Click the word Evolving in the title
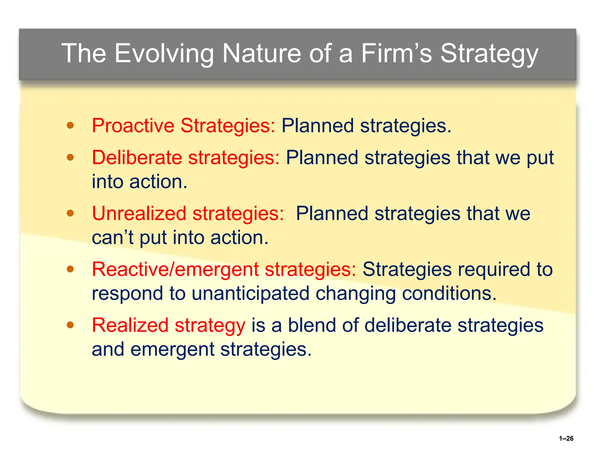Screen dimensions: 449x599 click(x=164, y=53)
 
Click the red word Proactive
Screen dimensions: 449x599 click(x=133, y=126)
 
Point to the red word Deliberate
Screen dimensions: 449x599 click(x=137, y=158)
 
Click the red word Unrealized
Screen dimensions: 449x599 click(x=139, y=213)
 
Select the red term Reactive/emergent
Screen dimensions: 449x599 click(x=175, y=269)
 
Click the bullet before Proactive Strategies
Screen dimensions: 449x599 click(x=70, y=126)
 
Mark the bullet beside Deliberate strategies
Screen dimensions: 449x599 click(x=70, y=158)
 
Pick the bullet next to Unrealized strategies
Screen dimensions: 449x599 click(x=70, y=213)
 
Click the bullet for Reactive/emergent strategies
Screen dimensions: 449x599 click(x=70, y=269)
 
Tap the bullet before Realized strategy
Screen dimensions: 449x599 click(x=70, y=325)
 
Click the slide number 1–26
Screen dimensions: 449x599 click(x=566, y=438)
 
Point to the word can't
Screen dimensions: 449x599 click(x=112, y=237)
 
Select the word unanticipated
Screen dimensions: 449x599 click(x=250, y=293)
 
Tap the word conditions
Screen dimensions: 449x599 click(x=449, y=293)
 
